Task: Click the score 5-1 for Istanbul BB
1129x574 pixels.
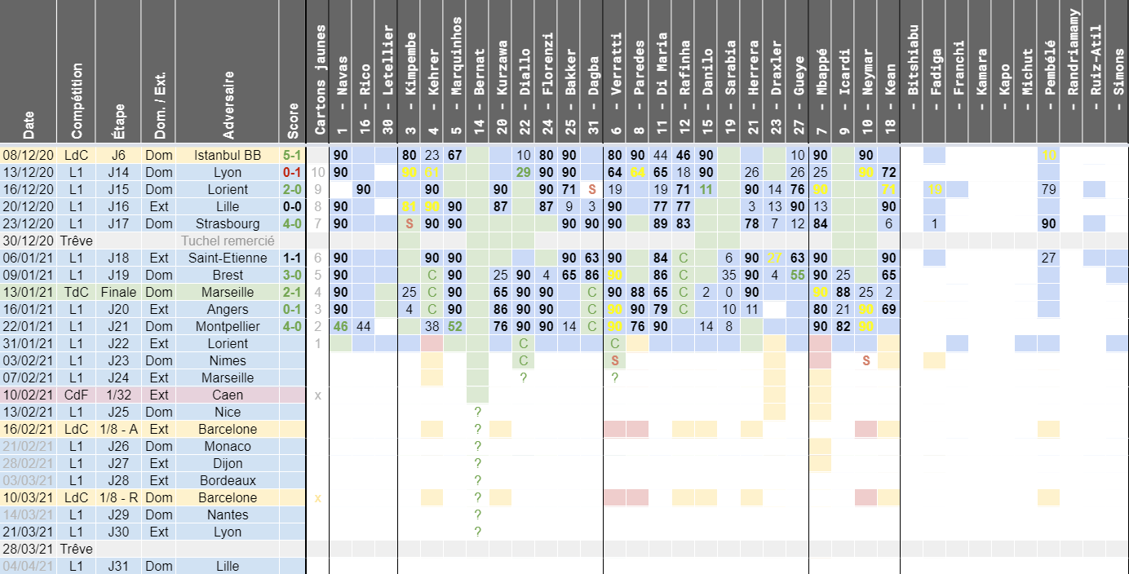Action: pos(292,155)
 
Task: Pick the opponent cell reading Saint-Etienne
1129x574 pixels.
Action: pos(227,258)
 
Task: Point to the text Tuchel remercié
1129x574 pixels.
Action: pos(227,241)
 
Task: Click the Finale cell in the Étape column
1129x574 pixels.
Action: pos(118,292)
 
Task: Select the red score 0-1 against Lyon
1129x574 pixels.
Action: pos(292,172)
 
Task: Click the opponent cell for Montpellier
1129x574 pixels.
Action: pos(227,326)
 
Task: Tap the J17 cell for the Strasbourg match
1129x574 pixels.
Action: pos(118,223)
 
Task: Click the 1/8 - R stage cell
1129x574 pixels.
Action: pos(118,497)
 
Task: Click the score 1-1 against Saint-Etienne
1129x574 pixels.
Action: pos(292,258)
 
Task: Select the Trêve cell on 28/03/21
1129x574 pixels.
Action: pos(76,549)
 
